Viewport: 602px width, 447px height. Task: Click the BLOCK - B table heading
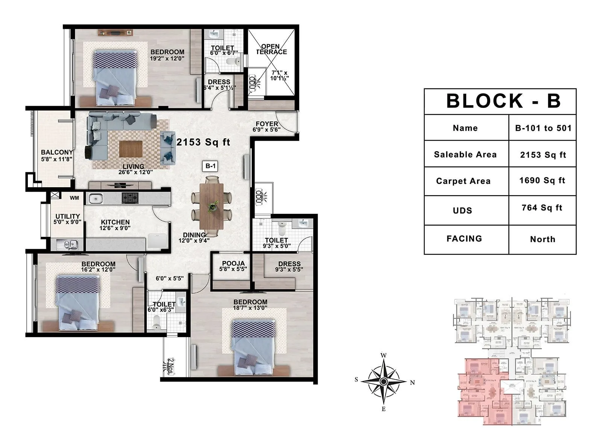click(503, 101)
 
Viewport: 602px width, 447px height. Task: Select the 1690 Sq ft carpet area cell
click(542, 180)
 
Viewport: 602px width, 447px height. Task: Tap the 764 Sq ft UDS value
click(542, 208)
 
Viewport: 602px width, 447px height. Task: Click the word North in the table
click(543, 239)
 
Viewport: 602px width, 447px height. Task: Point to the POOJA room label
click(233, 264)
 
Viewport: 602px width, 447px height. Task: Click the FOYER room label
click(267, 124)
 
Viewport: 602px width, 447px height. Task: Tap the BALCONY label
click(57, 152)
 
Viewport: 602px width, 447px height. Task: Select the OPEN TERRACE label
click(271, 49)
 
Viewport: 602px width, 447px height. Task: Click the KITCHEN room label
click(115, 222)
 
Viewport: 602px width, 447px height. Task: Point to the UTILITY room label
click(68, 216)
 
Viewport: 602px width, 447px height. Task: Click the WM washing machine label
click(74, 198)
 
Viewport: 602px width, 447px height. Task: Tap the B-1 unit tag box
click(210, 166)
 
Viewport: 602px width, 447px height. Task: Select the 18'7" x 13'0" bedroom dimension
click(250, 308)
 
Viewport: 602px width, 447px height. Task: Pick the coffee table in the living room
click(131, 149)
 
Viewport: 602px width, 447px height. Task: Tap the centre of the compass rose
click(383, 382)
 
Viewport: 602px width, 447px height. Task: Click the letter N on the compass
click(412, 382)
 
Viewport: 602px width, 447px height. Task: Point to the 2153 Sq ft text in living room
click(203, 142)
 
